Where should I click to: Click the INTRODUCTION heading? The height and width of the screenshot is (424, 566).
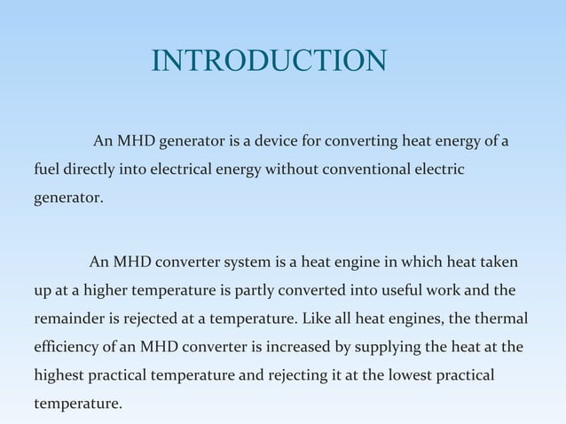[269, 60]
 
